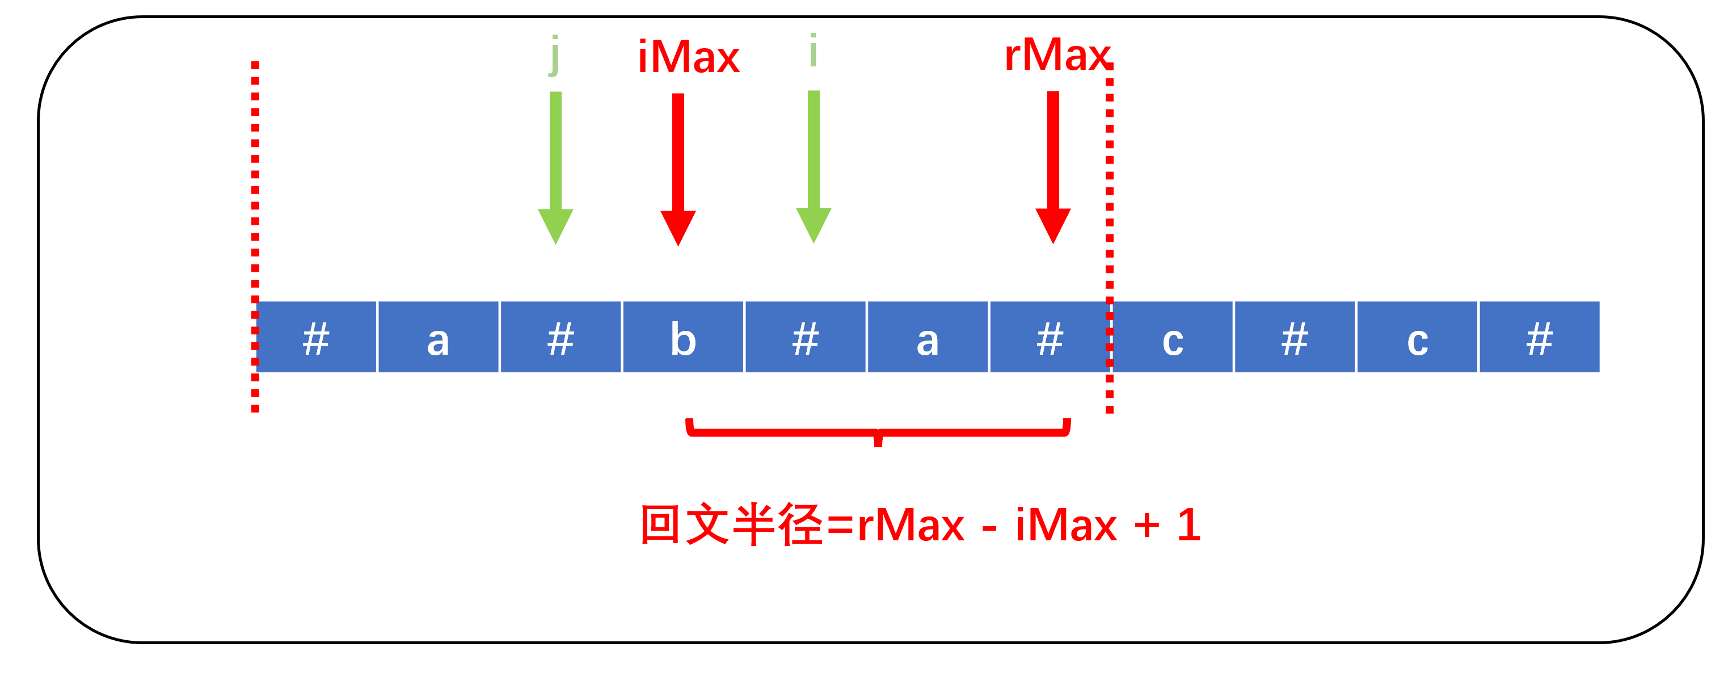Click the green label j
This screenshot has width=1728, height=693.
pos(554,55)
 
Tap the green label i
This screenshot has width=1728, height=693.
pos(813,51)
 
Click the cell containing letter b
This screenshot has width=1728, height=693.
pos(683,338)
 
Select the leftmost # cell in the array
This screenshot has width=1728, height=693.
pos(316,338)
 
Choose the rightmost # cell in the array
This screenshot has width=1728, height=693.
pos(1540,338)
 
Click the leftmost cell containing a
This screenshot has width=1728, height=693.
pos(438,338)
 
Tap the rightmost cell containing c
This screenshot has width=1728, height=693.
pos(1418,338)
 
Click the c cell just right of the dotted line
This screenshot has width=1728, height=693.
pos(1173,338)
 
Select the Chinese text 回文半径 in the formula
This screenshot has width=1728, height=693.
pos(731,524)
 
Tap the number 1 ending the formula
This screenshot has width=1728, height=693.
pos(1188,524)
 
